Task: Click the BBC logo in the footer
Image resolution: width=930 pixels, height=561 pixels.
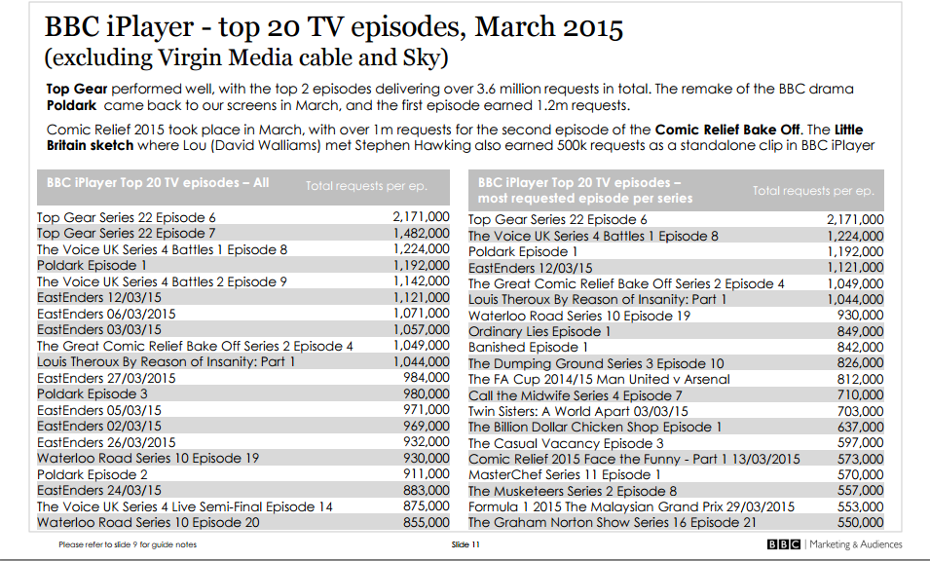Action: coord(784,544)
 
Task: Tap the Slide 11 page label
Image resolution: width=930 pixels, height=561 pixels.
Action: coord(465,545)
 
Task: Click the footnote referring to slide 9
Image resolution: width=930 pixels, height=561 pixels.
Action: coord(128,545)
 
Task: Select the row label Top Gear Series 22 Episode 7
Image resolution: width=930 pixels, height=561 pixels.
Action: coord(126,234)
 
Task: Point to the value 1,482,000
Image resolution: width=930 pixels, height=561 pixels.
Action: coord(421,234)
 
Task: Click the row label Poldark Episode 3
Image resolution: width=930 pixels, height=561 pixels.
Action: coord(93,393)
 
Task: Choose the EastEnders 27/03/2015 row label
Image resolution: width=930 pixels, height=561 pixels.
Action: coord(106,378)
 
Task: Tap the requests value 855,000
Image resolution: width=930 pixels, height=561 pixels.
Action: coord(426,522)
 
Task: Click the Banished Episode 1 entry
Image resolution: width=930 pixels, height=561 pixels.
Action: coord(528,347)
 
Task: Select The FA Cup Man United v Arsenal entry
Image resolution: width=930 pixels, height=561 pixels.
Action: coord(599,379)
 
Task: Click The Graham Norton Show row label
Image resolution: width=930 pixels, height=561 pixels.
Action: coord(612,522)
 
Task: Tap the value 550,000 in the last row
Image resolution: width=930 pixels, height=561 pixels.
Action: coord(860,522)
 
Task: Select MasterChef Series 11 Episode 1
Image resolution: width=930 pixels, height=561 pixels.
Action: coord(565,474)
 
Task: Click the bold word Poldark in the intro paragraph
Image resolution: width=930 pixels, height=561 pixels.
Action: coord(72,105)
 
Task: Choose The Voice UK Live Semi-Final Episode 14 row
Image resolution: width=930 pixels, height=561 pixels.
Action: coord(184,506)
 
